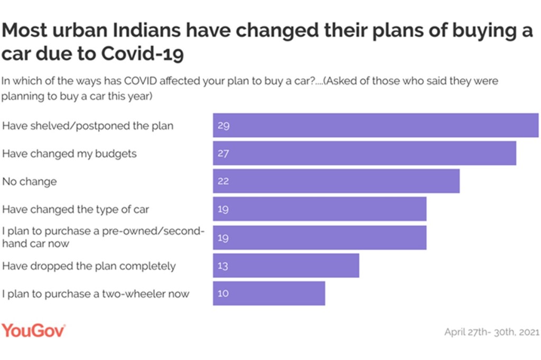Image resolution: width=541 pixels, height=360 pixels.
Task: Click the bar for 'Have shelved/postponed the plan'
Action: [x=375, y=126]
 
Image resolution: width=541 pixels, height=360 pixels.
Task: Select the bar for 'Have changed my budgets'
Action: [x=364, y=154]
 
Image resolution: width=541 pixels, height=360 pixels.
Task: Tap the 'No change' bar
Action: [x=336, y=181]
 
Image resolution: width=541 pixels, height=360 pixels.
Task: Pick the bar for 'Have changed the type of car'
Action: [x=319, y=209]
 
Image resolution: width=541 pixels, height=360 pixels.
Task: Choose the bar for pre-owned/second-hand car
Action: [x=319, y=238]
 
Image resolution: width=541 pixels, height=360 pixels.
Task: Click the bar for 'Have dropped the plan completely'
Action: [x=286, y=266]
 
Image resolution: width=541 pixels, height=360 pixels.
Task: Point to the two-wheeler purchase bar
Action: [x=269, y=293]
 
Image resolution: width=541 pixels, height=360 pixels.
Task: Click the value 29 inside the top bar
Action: [x=223, y=126]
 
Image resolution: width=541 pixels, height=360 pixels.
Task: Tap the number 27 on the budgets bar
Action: [x=223, y=154]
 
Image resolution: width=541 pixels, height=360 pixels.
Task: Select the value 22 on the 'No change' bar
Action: [x=223, y=182]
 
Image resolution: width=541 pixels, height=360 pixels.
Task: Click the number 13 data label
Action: [x=222, y=266]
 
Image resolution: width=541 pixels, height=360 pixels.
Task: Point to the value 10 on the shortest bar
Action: [x=223, y=293]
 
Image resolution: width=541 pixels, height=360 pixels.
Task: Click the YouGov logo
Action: [x=34, y=331]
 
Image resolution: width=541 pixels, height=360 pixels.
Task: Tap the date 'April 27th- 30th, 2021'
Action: [x=491, y=332]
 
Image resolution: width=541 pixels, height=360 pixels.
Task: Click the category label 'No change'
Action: [x=30, y=182]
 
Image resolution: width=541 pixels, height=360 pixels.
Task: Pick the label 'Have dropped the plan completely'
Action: [x=89, y=266]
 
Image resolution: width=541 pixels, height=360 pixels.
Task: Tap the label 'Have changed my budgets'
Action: [x=69, y=154]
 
